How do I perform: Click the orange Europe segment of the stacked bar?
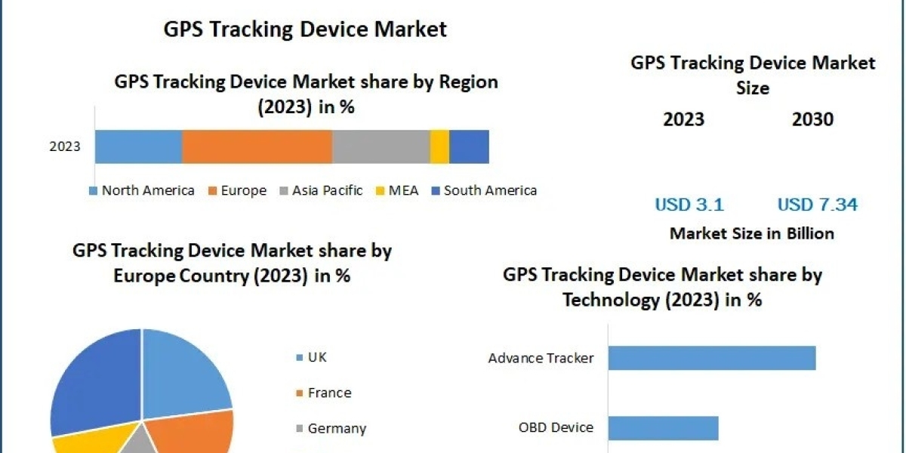coord(257,146)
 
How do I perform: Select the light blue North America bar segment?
coord(138,146)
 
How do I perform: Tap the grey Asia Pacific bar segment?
coord(381,146)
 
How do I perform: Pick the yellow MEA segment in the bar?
coord(439,146)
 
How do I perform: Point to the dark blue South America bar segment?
coord(469,146)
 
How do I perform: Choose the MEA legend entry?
coord(398,191)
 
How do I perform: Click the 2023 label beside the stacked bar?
coord(65,146)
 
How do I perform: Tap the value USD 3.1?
coord(689,205)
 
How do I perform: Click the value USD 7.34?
coord(817,205)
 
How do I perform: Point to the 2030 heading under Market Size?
coord(812,119)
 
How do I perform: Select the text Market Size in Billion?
coord(751,233)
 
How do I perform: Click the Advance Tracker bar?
coord(711,358)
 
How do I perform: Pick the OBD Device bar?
coord(663,428)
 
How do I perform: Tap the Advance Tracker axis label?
coord(541,358)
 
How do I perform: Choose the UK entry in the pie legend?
coord(316,357)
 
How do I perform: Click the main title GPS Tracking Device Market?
coord(305,29)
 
